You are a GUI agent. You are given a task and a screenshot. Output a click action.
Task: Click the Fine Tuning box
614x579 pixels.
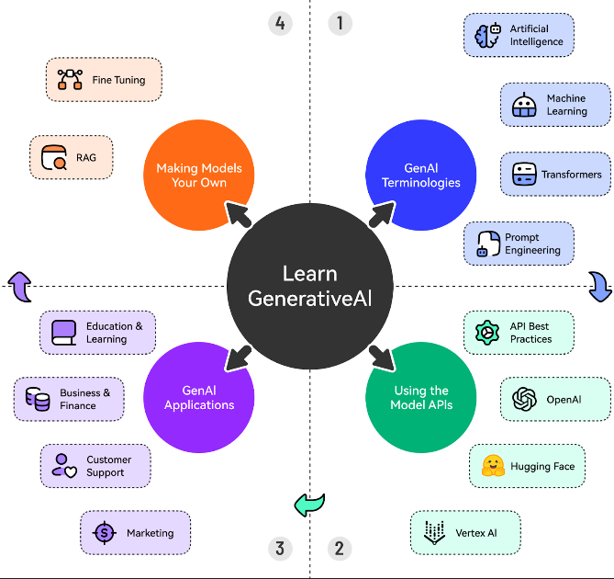pyautogui.click(x=103, y=80)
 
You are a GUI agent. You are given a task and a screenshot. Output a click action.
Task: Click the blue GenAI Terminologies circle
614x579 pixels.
pyautogui.click(x=420, y=176)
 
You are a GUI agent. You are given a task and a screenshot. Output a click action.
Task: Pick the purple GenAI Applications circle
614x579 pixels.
pyautogui.click(x=199, y=398)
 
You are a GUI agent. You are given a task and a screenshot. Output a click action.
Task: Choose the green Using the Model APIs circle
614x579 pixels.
pyautogui.click(x=420, y=398)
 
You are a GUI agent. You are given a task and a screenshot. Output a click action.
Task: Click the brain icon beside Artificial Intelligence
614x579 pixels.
pyautogui.click(x=486, y=36)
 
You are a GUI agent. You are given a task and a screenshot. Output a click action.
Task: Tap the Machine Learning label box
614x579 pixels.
pyautogui.click(x=555, y=105)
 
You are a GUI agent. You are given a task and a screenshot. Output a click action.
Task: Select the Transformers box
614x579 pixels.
pyautogui.click(x=555, y=174)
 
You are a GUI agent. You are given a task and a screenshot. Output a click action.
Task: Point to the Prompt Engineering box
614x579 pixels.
pyautogui.click(x=519, y=244)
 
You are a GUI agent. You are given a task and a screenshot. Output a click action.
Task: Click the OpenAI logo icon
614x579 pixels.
pyautogui.click(x=524, y=400)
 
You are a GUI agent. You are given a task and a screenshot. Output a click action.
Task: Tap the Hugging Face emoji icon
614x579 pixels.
pyautogui.click(x=494, y=466)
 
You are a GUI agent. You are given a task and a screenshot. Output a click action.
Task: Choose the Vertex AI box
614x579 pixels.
pyautogui.click(x=465, y=533)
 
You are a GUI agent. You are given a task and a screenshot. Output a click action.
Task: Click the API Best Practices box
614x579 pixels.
pyautogui.click(x=519, y=333)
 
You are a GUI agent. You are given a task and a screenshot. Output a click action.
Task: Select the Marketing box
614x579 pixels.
pyautogui.click(x=135, y=533)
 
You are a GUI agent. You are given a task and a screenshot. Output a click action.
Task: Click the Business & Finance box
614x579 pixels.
pyautogui.click(x=69, y=399)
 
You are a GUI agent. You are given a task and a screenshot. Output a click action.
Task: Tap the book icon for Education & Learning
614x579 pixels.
pyautogui.click(x=63, y=332)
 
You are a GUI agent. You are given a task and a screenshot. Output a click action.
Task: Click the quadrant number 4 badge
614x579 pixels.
pyautogui.click(x=280, y=22)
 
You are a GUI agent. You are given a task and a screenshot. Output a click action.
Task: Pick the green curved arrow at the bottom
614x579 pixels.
pyautogui.click(x=309, y=504)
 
